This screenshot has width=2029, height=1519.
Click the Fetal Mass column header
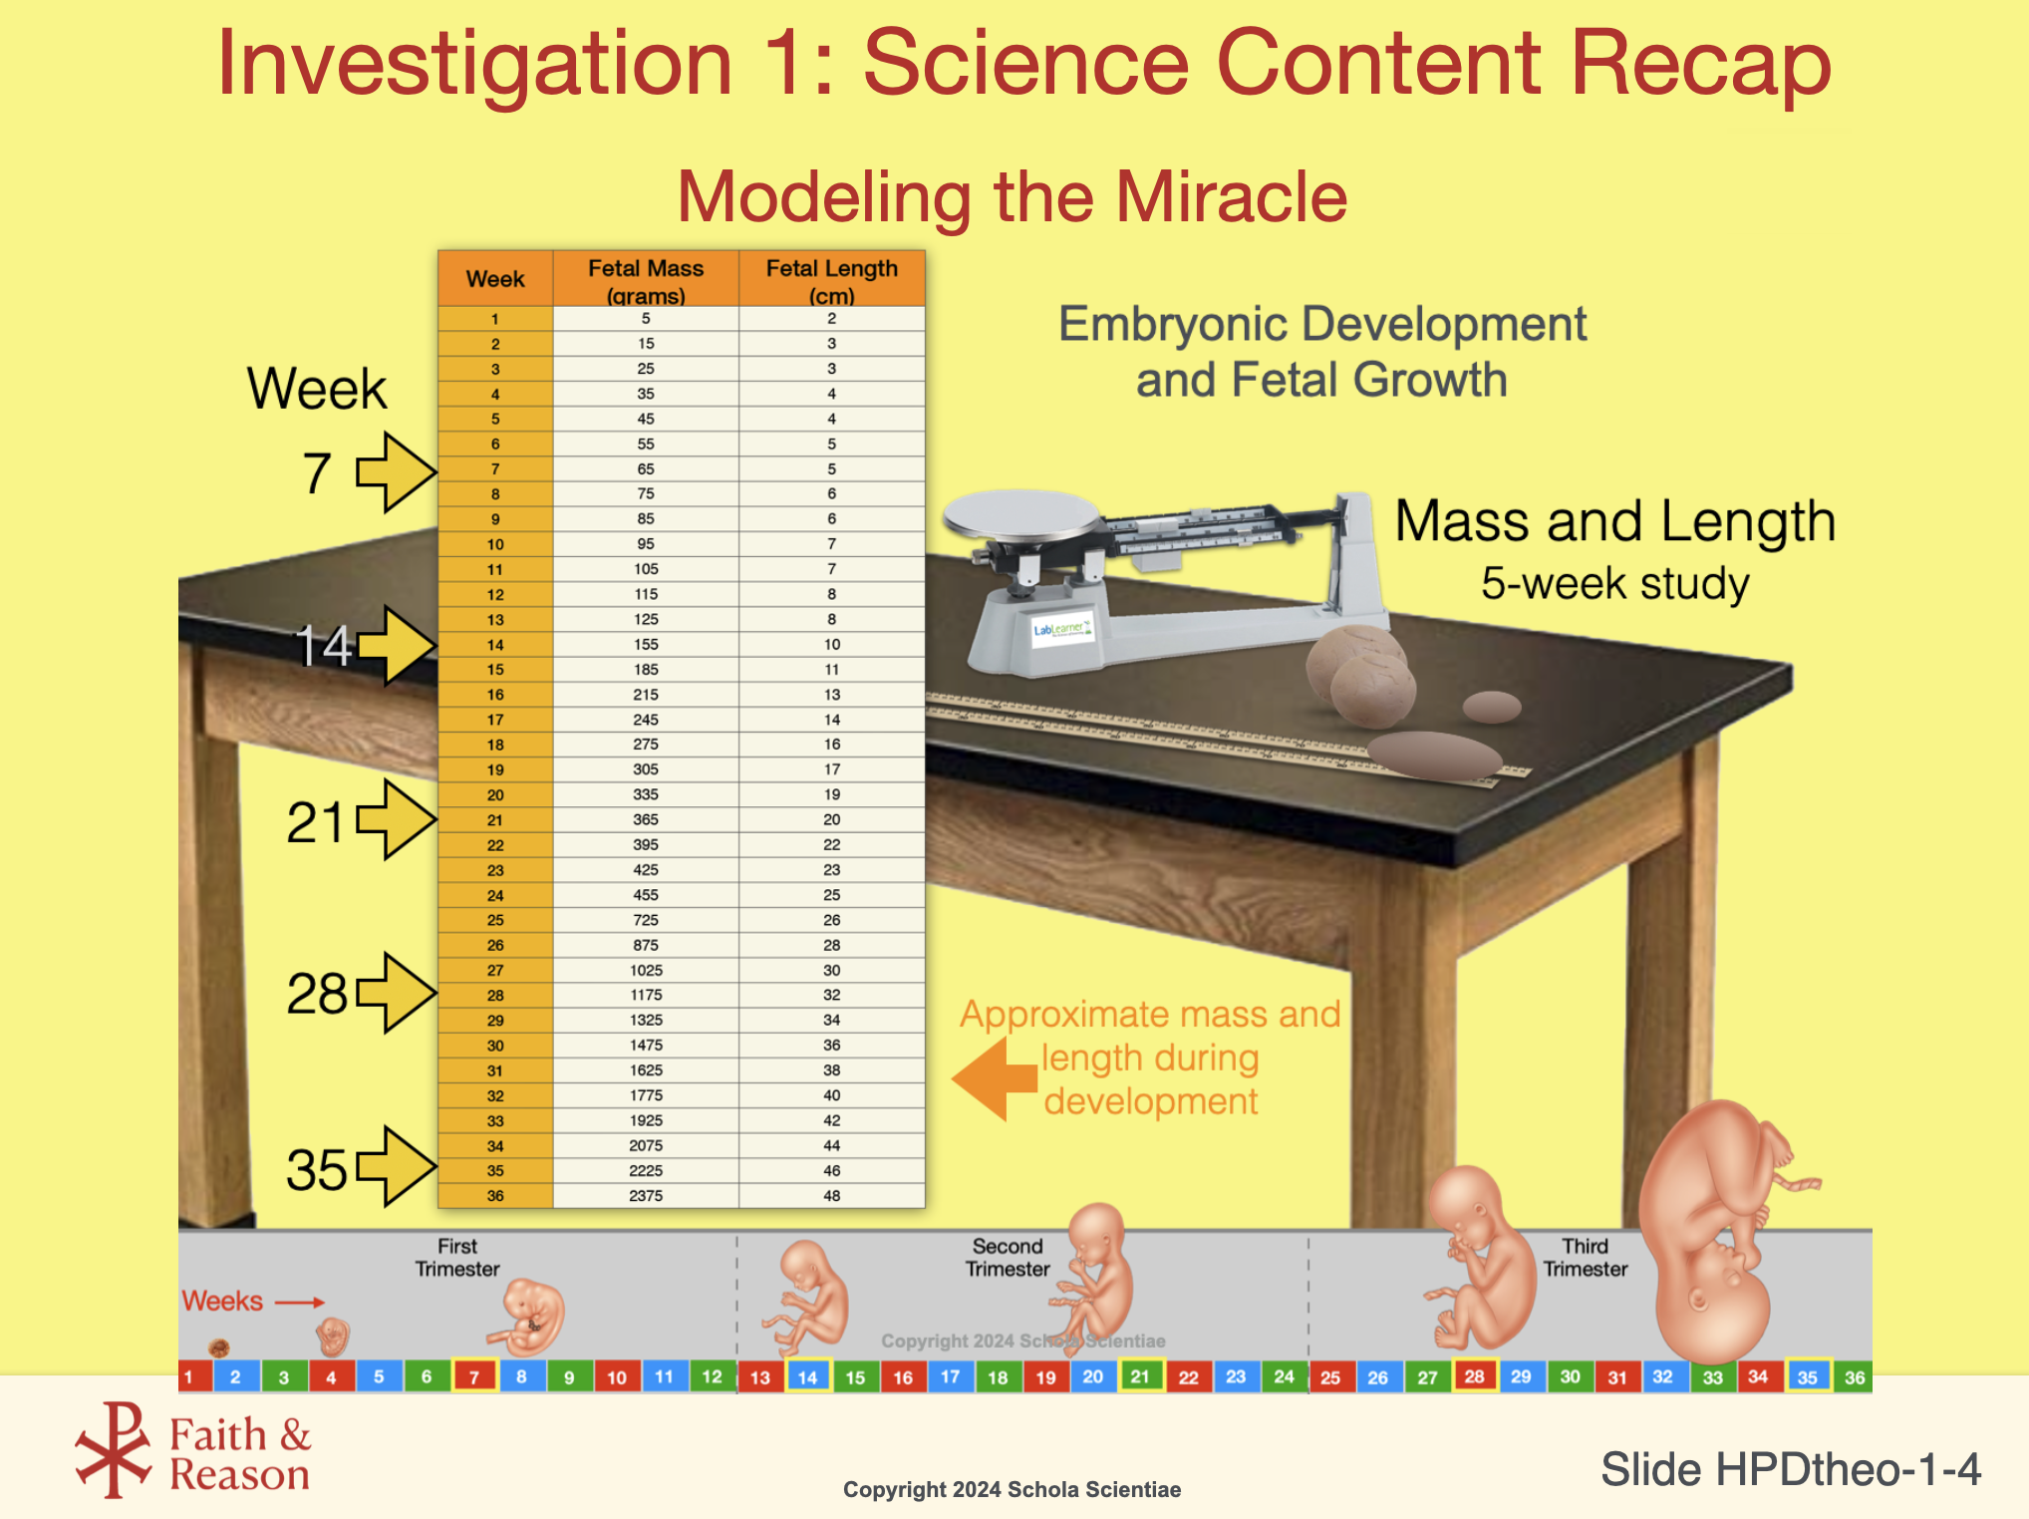(x=646, y=279)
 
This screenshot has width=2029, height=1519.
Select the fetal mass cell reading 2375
(x=646, y=1196)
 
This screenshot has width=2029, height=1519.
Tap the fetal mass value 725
(x=646, y=920)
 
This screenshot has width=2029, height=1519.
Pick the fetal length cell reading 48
(x=832, y=1196)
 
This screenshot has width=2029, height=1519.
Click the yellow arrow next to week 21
(x=396, y=819)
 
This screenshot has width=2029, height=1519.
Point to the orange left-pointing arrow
(x=995, y=1078)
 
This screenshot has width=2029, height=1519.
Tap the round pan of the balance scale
(x=1022, y=514)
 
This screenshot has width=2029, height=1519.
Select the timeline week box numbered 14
(x=808, y=1376)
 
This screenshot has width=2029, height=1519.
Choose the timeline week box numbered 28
(x=1475, y=1376)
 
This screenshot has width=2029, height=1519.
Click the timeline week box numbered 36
(x=1854, y=1377)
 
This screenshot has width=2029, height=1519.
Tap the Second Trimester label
(x=1008, y=1258)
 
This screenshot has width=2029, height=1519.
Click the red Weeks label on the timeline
(x=222, y=1301)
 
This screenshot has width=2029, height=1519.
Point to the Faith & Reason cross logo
(x=114, y=1450)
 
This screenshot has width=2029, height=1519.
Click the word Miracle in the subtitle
(x=1232, y=196)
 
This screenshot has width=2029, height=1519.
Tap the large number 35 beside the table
(x=317, y=1169)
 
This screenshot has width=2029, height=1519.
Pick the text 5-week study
(x=1614, y=583)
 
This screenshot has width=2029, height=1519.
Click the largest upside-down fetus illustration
(x=1714, y=1231)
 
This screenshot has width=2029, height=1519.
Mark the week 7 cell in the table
(x=495, y=469)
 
